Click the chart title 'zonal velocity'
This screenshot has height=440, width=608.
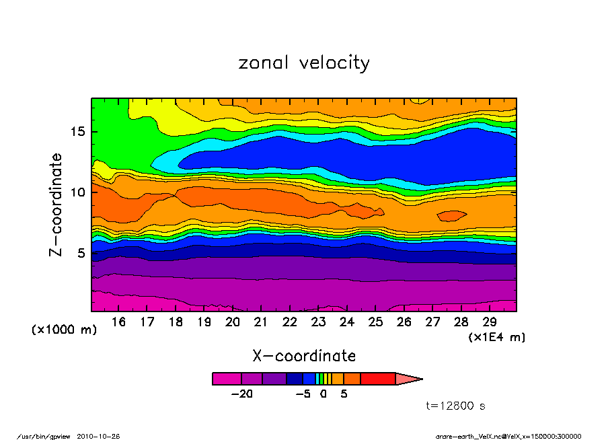click(x=304, y=63)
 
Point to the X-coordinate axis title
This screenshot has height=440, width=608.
click(x=304, y=355)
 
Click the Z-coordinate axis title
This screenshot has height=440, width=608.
click(x=56, y=205)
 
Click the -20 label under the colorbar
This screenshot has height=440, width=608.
click(x=241, y=394)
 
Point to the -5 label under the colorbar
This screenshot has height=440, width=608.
click(x=303, y=394)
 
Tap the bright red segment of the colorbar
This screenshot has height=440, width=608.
click(x=377, y=379)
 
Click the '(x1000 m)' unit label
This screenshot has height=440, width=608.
click(x=65, y=330)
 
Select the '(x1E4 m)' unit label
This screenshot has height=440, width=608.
click(x=496, y=337)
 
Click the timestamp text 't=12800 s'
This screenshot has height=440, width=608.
click(x=456, y=406)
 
